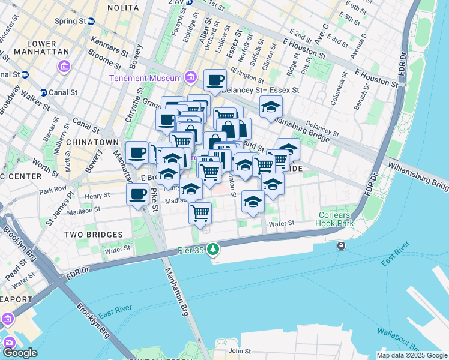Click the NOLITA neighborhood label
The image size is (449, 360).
[x=123, y=8]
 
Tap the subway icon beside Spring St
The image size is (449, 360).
[x=91, y=21]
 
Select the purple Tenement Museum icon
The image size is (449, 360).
[x=191, y=77]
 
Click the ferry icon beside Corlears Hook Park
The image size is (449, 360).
[x=341, y=245]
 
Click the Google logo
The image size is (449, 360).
[x=20, y=353]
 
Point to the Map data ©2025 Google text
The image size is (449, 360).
[x=412, y=355]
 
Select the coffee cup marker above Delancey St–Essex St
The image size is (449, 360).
[x=215, y=79]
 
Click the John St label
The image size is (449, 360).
[x=239, y=351]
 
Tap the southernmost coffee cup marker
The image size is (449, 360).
[x=138, y=194]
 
